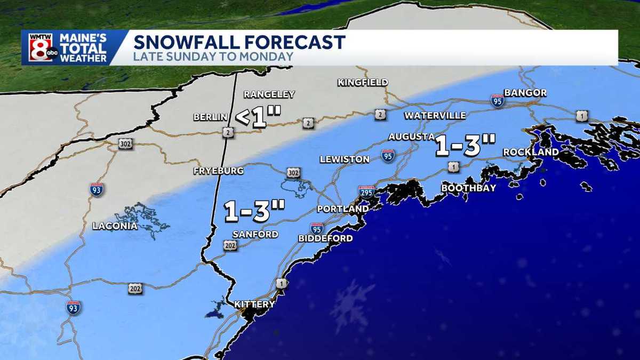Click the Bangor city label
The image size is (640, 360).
525,93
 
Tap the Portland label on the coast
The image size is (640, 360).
342,209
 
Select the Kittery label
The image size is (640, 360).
254,305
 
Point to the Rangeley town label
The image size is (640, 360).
269,94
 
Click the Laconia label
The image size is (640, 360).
115,226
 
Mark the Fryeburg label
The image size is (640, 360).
219,171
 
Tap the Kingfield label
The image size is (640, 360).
363,82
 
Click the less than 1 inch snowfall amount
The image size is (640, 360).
258,117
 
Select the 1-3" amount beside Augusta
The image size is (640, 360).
466,146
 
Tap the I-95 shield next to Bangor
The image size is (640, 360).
497,100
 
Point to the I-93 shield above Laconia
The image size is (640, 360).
97,189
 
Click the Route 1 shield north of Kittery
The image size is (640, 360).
281,283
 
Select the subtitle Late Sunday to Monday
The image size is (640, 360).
213,57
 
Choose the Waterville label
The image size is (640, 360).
435,116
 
